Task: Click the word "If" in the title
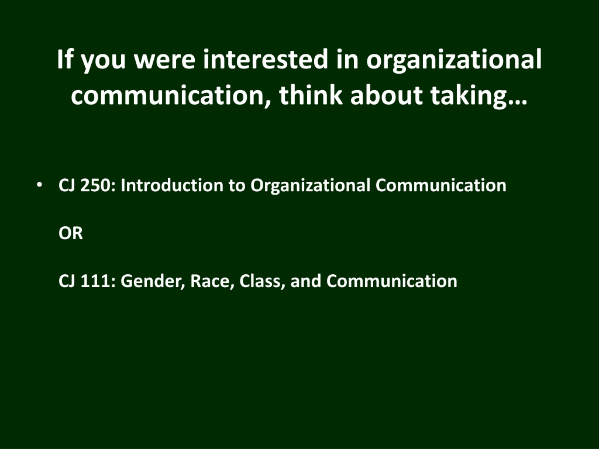(66, 59)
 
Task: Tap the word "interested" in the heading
(266, 59)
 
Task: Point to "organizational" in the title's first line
(454, 61)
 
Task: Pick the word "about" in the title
(386, 95)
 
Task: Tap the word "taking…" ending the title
(478, 96)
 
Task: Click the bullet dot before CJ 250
(39, 185)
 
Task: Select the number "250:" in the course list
(98, 185)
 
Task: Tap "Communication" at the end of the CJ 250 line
(441, 185)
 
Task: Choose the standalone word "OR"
(71, 233)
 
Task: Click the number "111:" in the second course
(98, 281)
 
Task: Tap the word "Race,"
(212, 282)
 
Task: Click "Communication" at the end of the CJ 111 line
(392, 281)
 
